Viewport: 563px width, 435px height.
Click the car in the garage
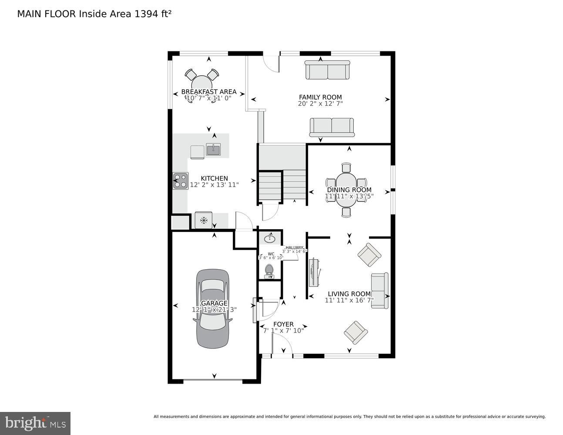[212, 308]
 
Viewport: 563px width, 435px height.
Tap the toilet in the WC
[269, 271]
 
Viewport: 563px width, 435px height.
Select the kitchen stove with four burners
[181, 181]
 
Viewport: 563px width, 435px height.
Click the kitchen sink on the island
[213, 150]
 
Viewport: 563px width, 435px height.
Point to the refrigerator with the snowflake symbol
[203, 220]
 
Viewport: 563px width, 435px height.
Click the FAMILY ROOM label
[320, 97]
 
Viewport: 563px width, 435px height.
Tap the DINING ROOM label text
[349, 190]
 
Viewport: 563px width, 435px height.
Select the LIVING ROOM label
[349, 294]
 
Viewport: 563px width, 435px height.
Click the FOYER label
[283, 325]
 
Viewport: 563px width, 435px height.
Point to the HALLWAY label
[294, 248]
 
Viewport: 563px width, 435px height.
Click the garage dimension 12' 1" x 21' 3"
[214, 310]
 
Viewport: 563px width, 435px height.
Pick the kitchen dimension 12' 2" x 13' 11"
[214, 185]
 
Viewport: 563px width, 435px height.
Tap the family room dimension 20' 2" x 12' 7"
[320, 104]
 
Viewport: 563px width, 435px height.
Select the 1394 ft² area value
[153, 14]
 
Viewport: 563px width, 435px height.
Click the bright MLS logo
[35, 423]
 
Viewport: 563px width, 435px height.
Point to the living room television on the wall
[314, 273]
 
